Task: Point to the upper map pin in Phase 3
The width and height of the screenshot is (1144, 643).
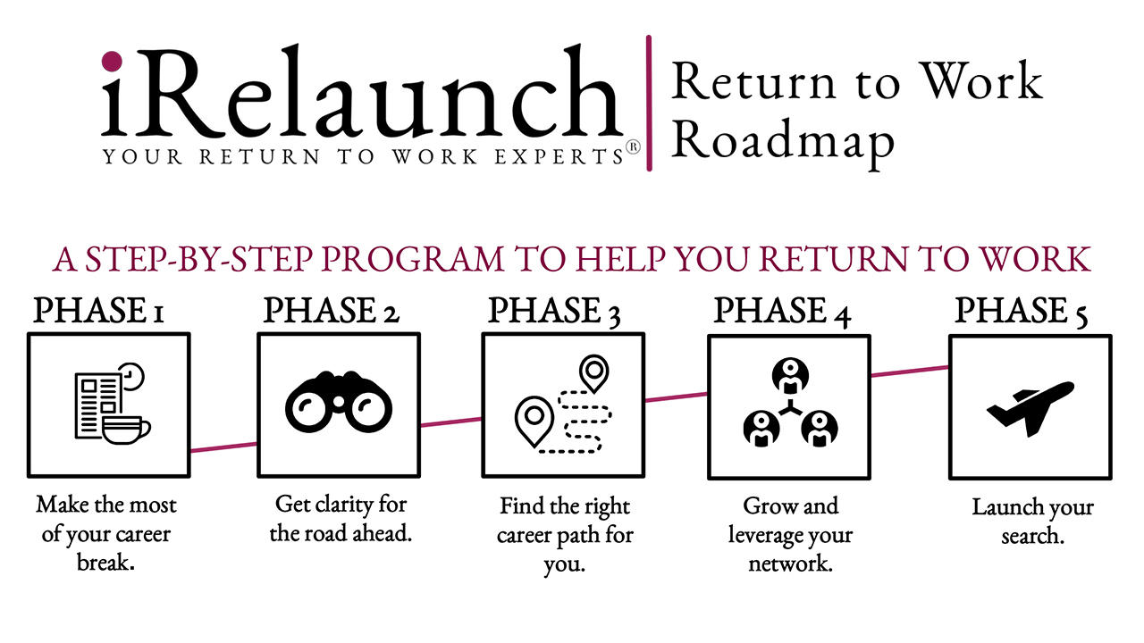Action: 593,372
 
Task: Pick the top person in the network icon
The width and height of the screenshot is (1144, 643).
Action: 790,375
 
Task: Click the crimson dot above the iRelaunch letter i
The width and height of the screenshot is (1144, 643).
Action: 112,61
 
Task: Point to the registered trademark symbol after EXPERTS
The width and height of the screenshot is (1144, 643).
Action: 633,149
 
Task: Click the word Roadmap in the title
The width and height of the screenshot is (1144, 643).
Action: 783,141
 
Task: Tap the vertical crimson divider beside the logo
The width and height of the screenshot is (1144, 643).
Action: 649,103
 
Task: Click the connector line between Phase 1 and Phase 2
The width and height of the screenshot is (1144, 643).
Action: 223,447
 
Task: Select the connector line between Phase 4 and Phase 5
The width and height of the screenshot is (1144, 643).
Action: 908,370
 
